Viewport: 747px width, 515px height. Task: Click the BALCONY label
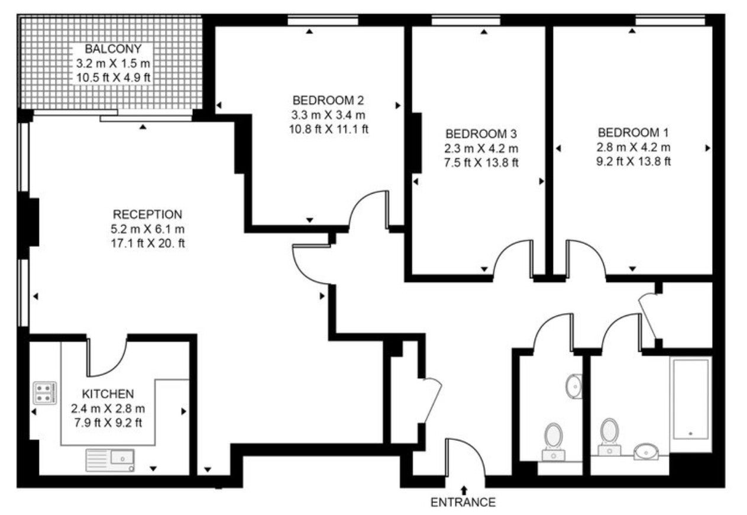[x=113, y=49]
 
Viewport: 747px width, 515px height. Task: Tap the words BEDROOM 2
[x=328, y=100]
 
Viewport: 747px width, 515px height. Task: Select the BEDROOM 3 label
[x=481, y=134]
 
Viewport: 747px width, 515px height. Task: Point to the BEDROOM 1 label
[x=633, y=133]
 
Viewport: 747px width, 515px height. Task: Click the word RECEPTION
[x=147, y=214]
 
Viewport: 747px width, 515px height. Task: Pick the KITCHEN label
[x=108, y=394]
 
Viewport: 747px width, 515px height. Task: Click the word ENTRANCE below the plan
[x=463, y=503]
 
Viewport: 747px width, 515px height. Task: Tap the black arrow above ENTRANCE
[x=464, y=490]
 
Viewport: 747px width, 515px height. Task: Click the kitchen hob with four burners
[x=45, y=393]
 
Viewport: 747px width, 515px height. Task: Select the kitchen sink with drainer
[x=110, y=461]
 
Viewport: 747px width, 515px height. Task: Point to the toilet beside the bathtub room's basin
[x=609, y=437]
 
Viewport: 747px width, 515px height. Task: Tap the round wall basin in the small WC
[x=574, y=387]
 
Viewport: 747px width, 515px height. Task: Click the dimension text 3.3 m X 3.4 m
[x=328, y=115]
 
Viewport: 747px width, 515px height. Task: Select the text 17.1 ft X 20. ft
[x=148, y=243]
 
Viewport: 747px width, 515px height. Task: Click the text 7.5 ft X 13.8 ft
[x=481, y=163]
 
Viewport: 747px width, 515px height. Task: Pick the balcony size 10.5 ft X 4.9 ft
[x=114, y=78]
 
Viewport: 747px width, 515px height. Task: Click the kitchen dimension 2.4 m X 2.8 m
[x=108, y=408]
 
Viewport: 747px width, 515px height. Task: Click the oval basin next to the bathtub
[x=646, y=452]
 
